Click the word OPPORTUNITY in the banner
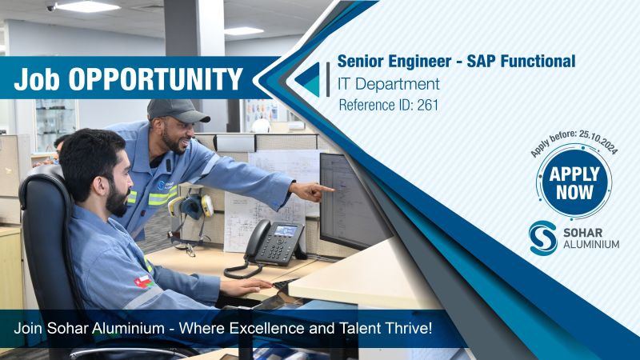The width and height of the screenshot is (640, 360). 155,78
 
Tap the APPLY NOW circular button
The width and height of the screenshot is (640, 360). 574,182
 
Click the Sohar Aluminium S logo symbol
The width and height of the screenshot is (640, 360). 543,238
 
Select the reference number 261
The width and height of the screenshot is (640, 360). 427,106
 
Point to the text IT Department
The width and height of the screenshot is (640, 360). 388,84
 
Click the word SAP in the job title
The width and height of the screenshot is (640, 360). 482,62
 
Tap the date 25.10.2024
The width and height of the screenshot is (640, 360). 599,142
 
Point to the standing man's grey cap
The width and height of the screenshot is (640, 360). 177,110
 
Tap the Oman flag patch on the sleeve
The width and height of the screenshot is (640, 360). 144,282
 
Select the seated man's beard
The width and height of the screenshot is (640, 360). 117,199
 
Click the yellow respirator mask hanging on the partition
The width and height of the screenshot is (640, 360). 191,206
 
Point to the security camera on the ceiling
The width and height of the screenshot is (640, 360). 51,8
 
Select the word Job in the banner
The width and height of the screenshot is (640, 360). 37,79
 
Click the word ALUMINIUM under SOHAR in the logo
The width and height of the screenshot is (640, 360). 591,245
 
